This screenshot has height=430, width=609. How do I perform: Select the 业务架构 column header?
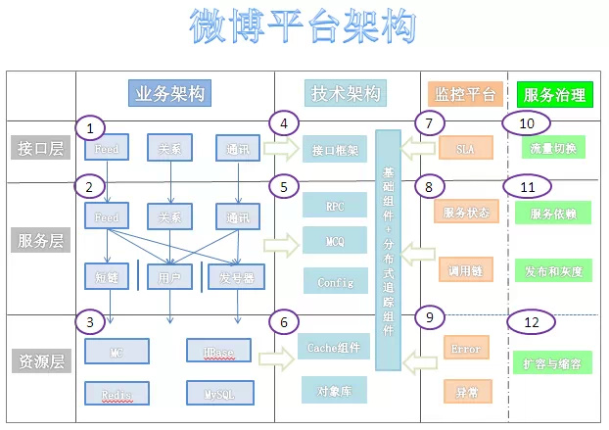tap(168, 94)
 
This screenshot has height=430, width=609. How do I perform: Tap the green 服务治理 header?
tap(554, 95)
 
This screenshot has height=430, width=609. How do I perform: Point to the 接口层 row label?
tap(39, 149)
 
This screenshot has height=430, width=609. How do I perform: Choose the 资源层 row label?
tap(39, 361)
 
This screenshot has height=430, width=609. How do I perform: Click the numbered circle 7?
tap(429, 123)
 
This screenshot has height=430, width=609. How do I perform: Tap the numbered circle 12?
tap(530, 321)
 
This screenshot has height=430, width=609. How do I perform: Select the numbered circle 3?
tap(90, 320)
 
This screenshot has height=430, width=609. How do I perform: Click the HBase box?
tap(217, 350)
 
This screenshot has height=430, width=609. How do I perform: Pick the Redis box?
tap(117, 394)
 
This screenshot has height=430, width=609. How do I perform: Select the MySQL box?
tap(217, 394)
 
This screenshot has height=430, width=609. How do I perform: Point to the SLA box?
tap(465, 150)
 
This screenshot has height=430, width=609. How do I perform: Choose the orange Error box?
tap(465, 349)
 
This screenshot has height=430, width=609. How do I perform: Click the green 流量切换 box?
tap(554, 150)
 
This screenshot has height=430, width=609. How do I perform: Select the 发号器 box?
tap(236, 277)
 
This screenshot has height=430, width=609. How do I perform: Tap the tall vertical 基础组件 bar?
tap(389, 250)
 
